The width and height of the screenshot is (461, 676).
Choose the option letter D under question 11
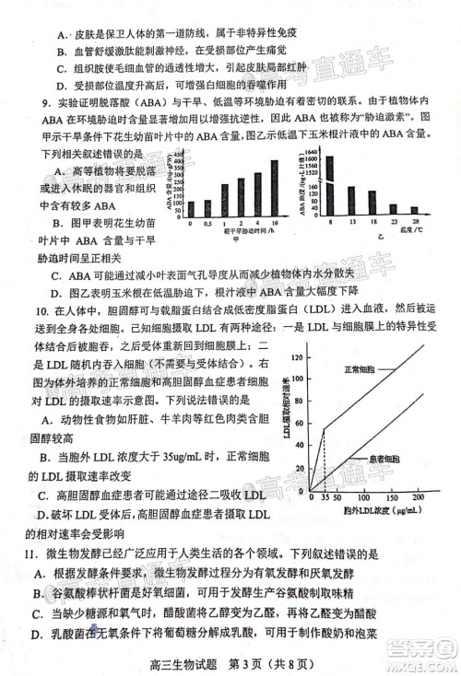(x=34, y=634)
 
